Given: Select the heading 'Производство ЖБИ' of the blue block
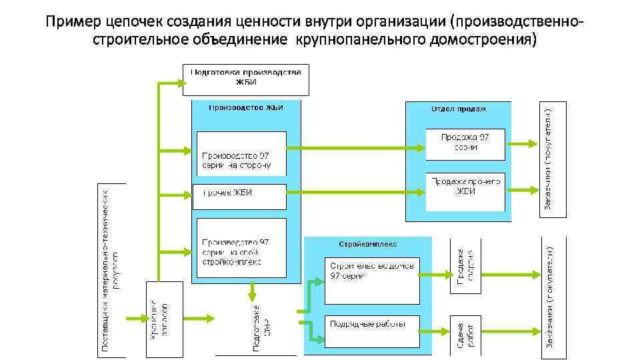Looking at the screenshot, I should pyautogui.click(x=246, y=107).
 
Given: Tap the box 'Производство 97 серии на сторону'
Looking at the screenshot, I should pyautogui.click(x=241, y=153).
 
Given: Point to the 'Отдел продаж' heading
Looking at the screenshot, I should pyautogui.click(x=459, y=109).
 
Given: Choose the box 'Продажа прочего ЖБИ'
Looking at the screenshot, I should pyautogui.click(x=465, y=186).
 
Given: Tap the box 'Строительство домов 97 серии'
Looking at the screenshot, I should pyautogui.click(x=372, y=279).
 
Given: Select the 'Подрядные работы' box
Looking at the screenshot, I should pyautogui.click(x=372, y=331).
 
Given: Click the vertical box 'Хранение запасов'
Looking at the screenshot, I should pyautogui.click(x=164, y=319).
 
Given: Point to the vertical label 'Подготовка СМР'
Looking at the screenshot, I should pyautogui.click(x=261, y=327).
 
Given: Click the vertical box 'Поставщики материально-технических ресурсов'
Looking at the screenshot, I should pyautogui.click(x=111, y=269).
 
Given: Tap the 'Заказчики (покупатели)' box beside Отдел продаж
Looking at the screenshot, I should pyautogui.click(x=553, y=157).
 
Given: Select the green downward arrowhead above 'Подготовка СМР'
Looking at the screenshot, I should pyautogui.click(x=253, y=295).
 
